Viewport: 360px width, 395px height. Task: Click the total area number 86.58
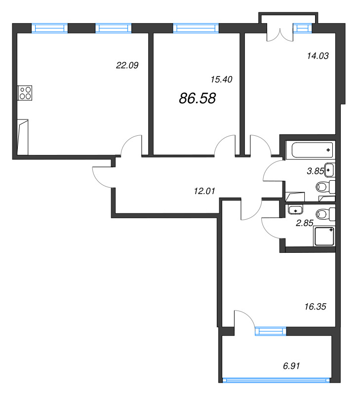(197, 98)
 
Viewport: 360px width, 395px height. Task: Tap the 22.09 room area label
(127, 65)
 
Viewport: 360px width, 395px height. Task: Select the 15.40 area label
(221, 79)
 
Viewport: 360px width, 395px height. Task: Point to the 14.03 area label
(318, 56)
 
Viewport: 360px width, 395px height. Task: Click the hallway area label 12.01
(204, 191)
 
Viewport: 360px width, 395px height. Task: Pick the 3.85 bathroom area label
(315, 171)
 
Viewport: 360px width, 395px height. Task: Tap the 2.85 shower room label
(304, 223)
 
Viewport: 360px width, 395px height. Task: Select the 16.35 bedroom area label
(315, 307)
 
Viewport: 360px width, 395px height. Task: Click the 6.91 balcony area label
(291, 366)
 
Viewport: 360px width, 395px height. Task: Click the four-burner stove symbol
(25, 93)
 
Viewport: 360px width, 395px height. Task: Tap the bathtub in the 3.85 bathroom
(313, 150)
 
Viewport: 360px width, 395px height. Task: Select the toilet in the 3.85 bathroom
(325, 187)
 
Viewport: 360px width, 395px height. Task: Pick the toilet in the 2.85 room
(325, 214)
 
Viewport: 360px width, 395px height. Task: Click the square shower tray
(324, 236)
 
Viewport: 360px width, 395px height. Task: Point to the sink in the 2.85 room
(295, 209)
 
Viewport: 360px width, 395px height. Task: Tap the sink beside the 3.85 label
(330, 170)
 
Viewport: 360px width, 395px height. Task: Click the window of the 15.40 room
(196, 28)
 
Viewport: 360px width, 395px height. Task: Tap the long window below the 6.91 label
(276, 380)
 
